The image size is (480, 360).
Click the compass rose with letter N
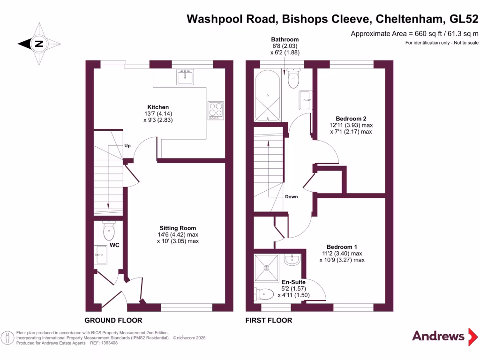39,45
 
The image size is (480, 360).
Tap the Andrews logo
438,336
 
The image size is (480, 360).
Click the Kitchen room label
158,107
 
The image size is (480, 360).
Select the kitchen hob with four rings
216,111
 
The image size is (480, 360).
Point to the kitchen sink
186,76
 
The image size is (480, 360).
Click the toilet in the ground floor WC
109,230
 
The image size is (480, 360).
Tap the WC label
114,245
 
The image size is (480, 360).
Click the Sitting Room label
178,228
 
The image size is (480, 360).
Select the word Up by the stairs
127,145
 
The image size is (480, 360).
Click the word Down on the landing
292,196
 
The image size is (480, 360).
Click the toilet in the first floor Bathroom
294,78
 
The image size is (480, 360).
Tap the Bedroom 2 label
350,119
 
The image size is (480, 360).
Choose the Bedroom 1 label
342,247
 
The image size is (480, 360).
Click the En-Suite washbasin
292,259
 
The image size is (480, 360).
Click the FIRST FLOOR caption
269,321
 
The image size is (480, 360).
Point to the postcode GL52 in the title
464,19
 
